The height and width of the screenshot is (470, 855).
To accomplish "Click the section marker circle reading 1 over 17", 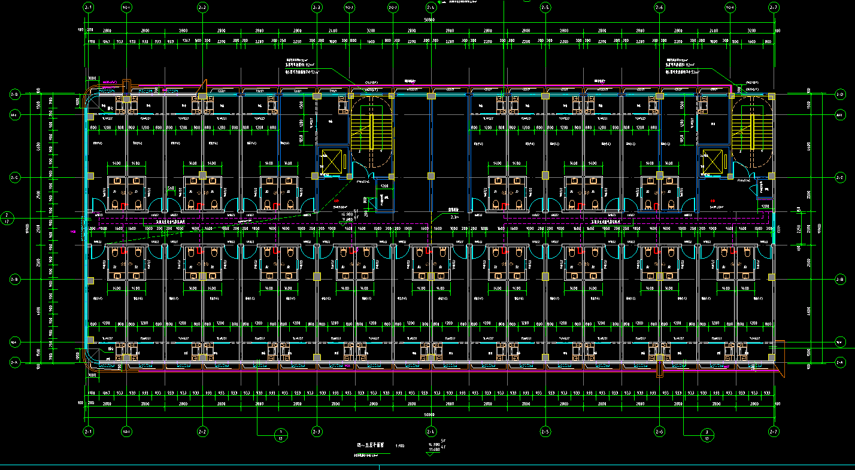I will [280, 434].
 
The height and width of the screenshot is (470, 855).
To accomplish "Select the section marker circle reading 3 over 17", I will [707, 434].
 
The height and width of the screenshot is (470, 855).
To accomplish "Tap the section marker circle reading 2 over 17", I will [7, 218].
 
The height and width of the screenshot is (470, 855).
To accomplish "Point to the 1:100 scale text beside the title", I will [399, 446].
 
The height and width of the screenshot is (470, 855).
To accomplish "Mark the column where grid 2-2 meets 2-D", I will [202, 96].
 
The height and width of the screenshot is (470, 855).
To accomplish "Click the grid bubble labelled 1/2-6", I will [729, 7].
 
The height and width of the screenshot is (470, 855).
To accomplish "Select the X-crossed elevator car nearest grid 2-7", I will [712, 161].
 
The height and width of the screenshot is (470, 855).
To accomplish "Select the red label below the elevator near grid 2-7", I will [712, 201].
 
